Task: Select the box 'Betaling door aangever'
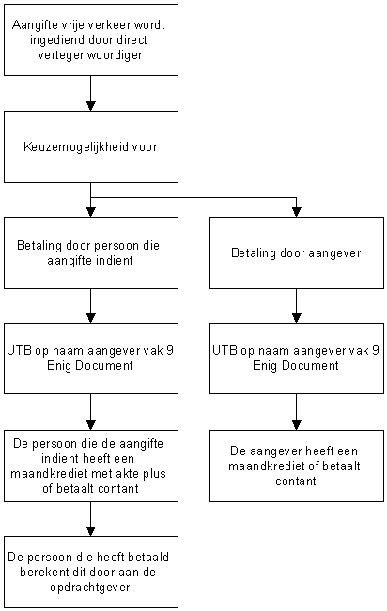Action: click(x=297, y=252)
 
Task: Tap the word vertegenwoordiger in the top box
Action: click(x=90, y=55)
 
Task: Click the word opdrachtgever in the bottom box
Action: click(x=90, y=588)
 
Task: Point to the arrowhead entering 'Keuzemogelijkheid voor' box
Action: click(x=91, y=106)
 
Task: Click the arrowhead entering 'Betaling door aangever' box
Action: click(x=297, y=212)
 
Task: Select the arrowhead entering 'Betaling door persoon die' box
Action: click(x=91, y=212)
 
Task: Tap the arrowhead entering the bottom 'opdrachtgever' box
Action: click(x=91, y=531)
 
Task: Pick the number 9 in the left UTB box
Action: click(x=169, y=351)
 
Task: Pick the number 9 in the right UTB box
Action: click(x=375, y=351)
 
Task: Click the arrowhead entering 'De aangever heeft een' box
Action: click(x=297, y=425)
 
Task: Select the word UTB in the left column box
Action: click(x=19, y=351)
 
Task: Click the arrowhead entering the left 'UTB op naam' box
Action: click(x=91, y=318)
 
